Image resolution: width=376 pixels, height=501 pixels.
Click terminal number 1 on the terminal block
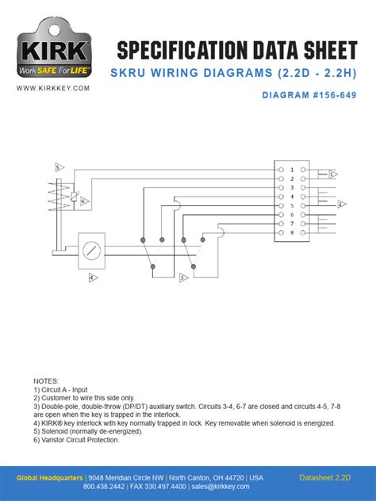(x=292, y=170)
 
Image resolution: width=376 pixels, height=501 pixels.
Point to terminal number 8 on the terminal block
(x=292, y=233)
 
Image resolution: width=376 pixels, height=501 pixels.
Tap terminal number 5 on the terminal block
(x=292, y=206)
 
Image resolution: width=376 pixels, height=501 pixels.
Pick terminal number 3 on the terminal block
(x=292, y=188)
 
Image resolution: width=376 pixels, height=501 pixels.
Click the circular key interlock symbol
(x=93, y=249)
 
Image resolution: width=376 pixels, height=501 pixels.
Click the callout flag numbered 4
(x=93, y=277)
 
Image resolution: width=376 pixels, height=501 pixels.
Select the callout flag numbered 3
(x=182, y=277)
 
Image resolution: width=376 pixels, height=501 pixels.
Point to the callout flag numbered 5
(x=59, y=167)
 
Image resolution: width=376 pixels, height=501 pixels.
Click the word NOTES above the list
(x=46, y=381)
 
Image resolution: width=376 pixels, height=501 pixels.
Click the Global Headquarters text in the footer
(x=51, y=478)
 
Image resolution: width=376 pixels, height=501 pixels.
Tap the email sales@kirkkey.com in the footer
(x=225, y=487)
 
